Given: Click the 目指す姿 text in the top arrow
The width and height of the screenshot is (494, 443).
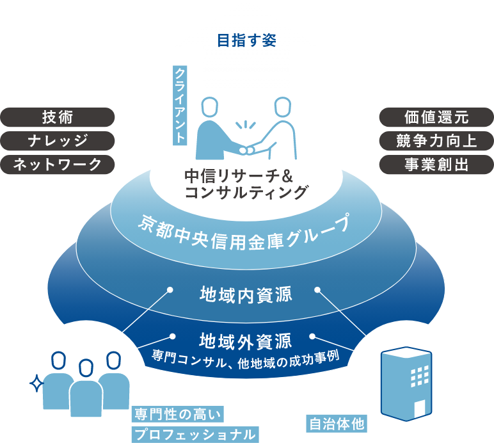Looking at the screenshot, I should [246, 41].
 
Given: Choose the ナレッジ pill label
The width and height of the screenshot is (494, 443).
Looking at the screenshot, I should [58, 141].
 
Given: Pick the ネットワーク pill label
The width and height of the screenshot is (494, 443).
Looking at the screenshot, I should [58, 165].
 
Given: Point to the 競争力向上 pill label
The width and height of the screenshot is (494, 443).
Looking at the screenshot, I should [436, 141].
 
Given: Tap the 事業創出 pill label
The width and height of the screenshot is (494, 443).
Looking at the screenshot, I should [436, 165].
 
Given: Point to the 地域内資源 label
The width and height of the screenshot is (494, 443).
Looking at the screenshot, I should [246, 294].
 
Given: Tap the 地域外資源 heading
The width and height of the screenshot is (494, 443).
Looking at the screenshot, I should [246, 339].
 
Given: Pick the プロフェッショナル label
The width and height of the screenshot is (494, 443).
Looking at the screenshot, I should [195, 435].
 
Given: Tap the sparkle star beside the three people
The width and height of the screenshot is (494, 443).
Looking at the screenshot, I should [37, 383].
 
